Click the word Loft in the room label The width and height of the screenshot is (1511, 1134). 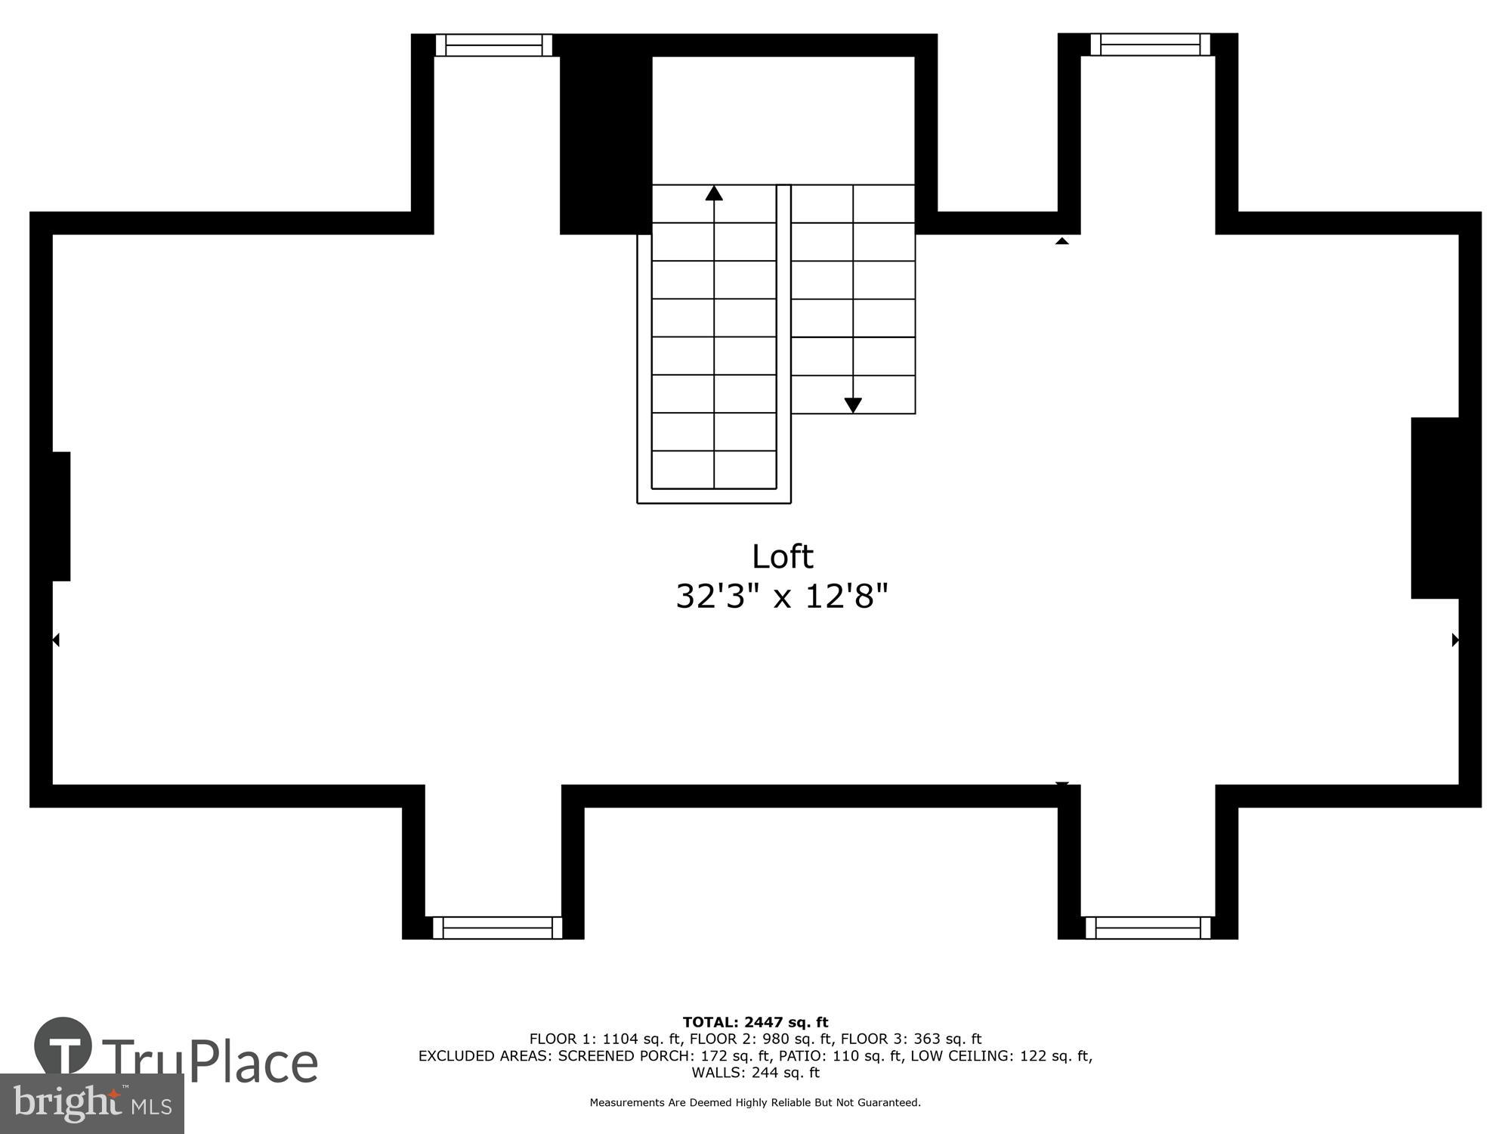tap(782, 557)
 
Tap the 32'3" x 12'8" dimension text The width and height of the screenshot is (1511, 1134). tap(781, 596)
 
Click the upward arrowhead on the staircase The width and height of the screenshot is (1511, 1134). tap(714, 194)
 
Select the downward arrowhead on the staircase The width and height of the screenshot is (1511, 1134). tap(853, 405)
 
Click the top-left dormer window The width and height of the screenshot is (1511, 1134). tap(494, 45)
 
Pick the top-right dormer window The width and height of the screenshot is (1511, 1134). tap(1150, 45)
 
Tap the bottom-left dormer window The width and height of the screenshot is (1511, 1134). tap(497, 928)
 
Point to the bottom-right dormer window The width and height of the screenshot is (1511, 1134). tap(1148, 928)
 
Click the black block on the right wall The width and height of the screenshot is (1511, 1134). tap(1435, 508)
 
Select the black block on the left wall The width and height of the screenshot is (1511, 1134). tap(60, 516)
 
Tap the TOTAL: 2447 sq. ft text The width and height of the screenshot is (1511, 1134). tap(755, 1023)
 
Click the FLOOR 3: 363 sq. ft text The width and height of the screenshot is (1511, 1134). tap(911, 1039)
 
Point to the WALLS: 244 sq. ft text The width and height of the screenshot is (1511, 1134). tap(755, 1073)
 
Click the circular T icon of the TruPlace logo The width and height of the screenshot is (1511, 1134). tap(63, 1046)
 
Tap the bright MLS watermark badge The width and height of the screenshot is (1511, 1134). tap(92, 1104)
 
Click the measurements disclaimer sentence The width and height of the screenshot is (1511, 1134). tap(755, 1103)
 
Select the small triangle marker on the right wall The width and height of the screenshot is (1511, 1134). tap(1455, 640)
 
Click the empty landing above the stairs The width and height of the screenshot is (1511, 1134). tap(783, 119)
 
